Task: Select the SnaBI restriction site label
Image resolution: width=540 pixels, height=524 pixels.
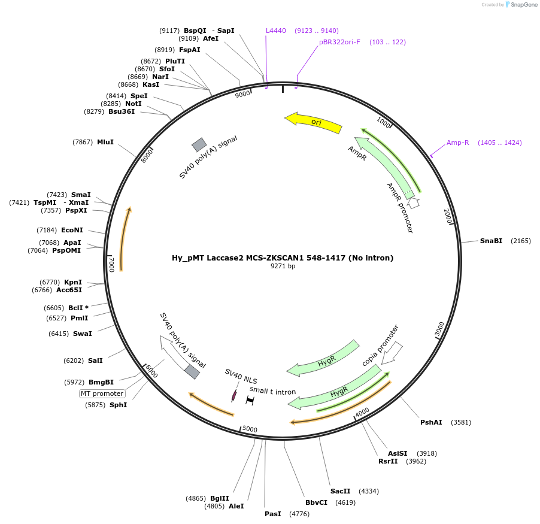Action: pos(491,241)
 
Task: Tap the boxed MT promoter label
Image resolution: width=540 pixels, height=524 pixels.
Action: pos(102,393)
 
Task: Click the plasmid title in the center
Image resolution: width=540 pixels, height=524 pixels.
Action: pos(283,258)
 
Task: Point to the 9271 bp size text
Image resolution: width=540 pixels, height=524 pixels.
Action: pos(283,266)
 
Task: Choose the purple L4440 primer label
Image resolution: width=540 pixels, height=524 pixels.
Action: pos(276,31)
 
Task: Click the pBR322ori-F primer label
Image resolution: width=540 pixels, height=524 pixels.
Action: pos(339,42)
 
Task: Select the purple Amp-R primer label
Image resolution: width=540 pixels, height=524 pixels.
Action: pos(458,143)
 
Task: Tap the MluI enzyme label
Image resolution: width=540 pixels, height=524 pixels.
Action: pos(105,142)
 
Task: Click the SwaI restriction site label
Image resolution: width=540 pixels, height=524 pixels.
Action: pos(83,334)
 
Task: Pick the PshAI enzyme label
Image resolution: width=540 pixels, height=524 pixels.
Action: pos(431,422)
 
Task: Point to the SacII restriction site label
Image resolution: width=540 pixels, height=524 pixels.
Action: pos(340,491)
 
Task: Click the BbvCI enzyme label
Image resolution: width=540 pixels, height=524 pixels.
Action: pos(316,502)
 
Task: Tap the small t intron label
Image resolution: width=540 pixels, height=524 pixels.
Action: pos(273,391)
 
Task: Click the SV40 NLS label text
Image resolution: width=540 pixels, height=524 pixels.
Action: pos(241,377)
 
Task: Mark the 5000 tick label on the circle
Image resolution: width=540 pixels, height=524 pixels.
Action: pos(250,429)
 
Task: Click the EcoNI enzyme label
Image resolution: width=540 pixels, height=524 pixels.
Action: pos(72,229)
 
